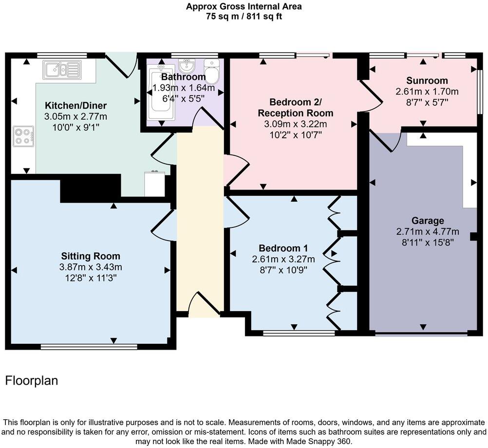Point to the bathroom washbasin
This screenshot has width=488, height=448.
pyautogui.click(x=186, y=65)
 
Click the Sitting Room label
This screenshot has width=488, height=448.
pyautogui.click(x=91, y=256)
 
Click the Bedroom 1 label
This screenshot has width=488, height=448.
pyautogui.click(x=283, y=247)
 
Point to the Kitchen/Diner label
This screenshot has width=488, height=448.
pyautogui.click(x=75, y=106)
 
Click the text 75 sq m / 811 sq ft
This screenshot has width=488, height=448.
pyautogui.click(x=244, y=16)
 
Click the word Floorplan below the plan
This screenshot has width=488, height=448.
pyautogui.click(x=32, y=381)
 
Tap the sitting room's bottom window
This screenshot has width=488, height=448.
pyautogui.click(x=89, y=347)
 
